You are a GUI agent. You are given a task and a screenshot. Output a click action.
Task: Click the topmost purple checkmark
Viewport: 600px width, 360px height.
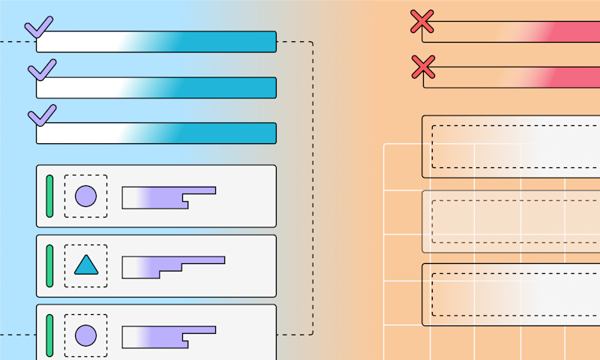(x=39, y=27)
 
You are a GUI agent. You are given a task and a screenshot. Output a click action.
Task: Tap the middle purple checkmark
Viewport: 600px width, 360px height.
(x=42, y=71)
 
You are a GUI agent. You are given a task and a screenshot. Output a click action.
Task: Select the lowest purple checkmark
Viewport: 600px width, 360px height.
(x=42, y=116)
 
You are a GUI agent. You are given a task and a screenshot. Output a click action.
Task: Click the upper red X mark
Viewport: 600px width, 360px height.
(x=423, y=22)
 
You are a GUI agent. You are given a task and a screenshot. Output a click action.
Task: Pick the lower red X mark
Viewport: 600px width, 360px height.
(x=424, y=67)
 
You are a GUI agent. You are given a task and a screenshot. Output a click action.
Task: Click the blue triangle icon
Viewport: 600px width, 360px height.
(x=85, y=265)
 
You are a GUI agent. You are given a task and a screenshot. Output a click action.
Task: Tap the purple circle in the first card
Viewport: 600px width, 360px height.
(x=85, y=196)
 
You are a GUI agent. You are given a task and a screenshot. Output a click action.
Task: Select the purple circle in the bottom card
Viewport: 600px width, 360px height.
(x=85, y=335)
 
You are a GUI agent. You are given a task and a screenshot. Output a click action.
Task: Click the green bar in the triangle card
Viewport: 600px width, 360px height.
(x=49, y=265)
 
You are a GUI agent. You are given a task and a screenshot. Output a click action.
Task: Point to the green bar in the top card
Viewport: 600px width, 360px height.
(x=49, y=196)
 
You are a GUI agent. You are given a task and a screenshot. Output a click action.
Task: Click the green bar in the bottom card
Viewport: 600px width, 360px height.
(x=49, y=335)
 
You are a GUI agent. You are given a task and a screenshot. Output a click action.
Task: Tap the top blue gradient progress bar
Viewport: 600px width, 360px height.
(x=156, y=42)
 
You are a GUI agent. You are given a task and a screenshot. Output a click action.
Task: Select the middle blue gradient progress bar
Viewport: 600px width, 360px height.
(x=156, y=88)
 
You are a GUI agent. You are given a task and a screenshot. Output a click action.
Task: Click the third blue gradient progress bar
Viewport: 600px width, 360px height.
(x=156, y=133)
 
